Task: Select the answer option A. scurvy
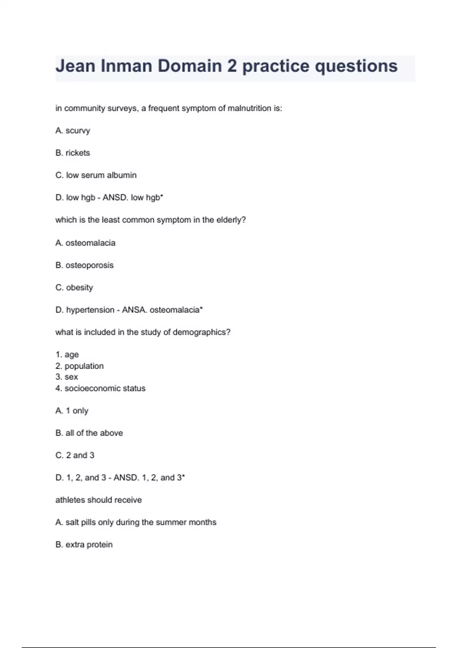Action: tap(73, 131)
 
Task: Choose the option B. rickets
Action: tap(73, 153)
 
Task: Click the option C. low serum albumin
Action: tap(96, 175)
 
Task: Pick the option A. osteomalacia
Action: tap(85, 243)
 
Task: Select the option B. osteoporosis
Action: tap(84, 265)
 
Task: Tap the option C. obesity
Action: tap(74, 287)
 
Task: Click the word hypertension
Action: tap(90, 310)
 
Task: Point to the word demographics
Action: tap(201, 332)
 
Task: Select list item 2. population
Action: tap(79, 366)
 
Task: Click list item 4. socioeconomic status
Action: tap(100, 388)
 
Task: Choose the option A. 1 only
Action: tap(72, 411)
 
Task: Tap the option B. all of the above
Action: tap(89, 433)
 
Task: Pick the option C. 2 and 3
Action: tap(75, 455)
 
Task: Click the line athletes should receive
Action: tap(98, 500)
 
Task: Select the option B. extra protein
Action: tap(84, 545)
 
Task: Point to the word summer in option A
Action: tap(169, 522)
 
